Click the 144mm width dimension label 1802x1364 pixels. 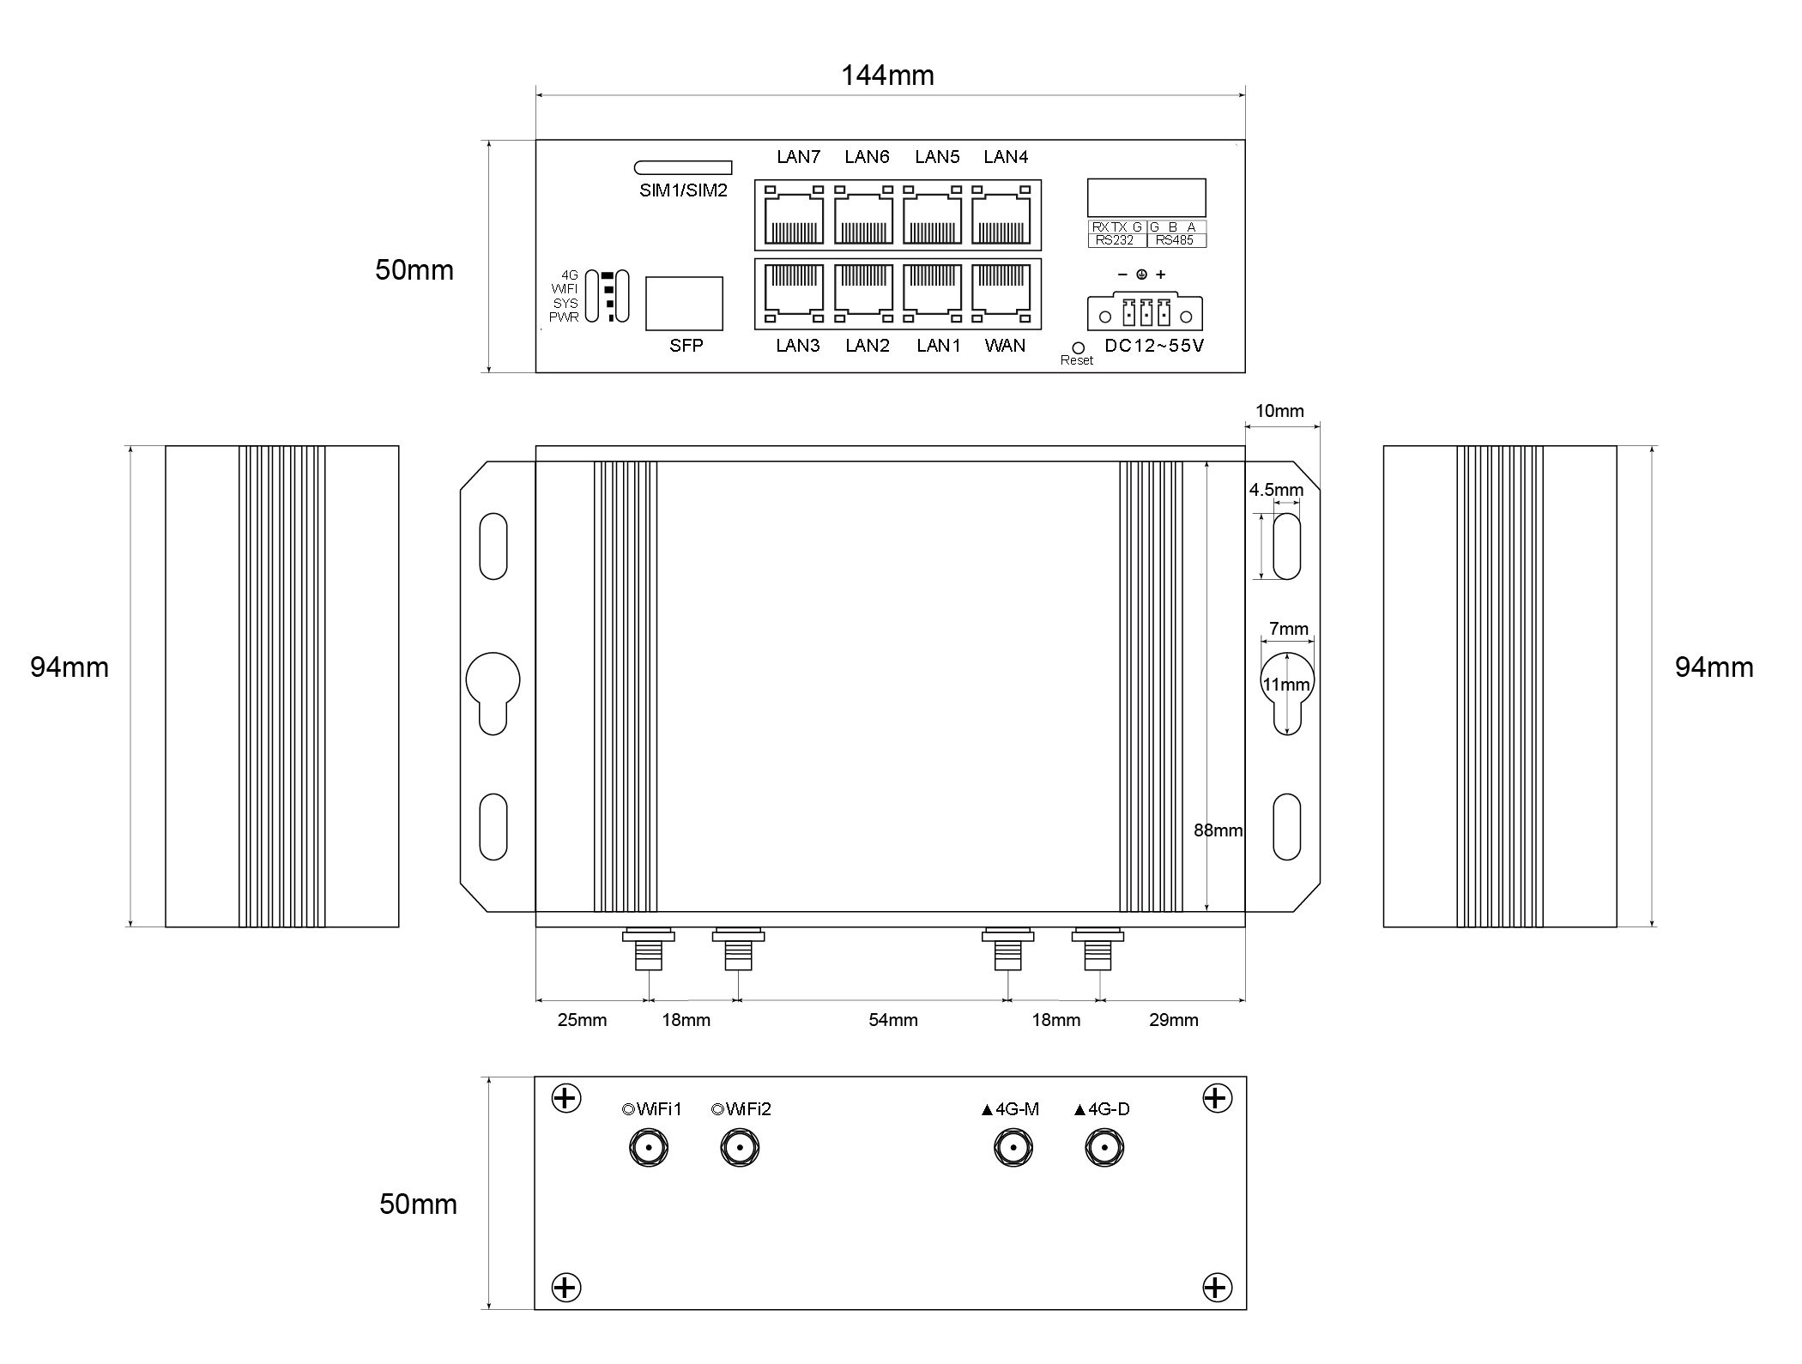click(x=887, y=75)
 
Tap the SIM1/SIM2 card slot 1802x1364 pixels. click(x=683, y=167)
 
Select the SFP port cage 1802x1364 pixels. click(x=684, y=303)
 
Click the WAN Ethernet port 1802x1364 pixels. click(x=1001, y=293)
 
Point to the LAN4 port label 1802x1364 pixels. click(x=1006, y=157)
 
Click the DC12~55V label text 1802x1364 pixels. click(x=1154, y=346)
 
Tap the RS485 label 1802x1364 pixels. click(x=1174, y=240)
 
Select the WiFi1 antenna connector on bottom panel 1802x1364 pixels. click(x=649, y=1148)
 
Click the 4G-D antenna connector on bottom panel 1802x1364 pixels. click(x=1104, y=1148)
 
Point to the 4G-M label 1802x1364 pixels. click(x=1010, y=1109)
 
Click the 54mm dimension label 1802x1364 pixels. click(x=893, y=1020)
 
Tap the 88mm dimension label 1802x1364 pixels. click(x=1218, y=830)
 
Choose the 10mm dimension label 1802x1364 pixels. click(x=1279, y=411)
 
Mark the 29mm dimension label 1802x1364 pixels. click(x=1174, y=1020)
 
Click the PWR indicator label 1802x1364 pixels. click(x=565, y=317)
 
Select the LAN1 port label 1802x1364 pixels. click(x=939, y=346)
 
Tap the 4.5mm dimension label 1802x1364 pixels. click(x=1276, y=490)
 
